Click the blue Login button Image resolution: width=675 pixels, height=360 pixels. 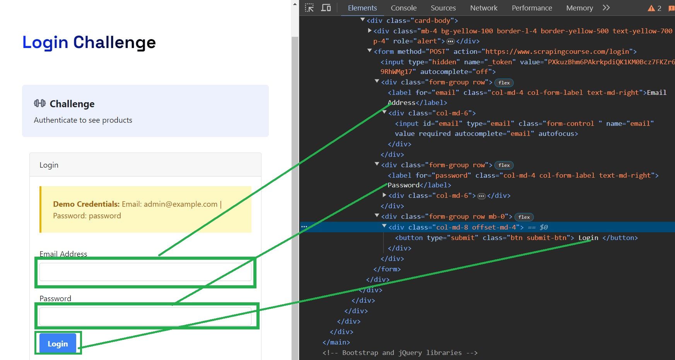[x=58, y=343]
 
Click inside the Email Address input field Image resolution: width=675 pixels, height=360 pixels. [x=145, y=272]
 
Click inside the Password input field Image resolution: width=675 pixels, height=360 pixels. [x=145, y=317]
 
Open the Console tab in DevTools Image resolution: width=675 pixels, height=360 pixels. [x=403, y=8]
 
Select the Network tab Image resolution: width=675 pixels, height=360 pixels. [x=484, y=8]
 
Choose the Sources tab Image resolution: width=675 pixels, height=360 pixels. [x=443, y=8]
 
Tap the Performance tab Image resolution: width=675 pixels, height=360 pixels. [x=532, y=8]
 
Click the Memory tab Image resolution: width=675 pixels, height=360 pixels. [x=579, y=8]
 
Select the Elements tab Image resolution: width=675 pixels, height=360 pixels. [x=362, y=8]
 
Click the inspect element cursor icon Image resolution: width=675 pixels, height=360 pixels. [x=309, y=8]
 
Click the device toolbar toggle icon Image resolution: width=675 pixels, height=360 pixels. [x=326, y=8]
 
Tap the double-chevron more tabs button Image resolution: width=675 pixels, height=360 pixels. [x=606, y=8]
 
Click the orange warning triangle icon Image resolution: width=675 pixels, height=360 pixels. [x=651, y=8]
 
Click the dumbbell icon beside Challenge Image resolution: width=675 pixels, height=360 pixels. [x=40, y=103]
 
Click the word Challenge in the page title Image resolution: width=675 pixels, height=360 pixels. [x=114, y=42]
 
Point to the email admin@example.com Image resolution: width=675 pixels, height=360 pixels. [x=181, y=204]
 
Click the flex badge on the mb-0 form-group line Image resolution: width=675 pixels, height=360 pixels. [x=524, y=217]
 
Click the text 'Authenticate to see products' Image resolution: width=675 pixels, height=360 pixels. [x=83, y=120]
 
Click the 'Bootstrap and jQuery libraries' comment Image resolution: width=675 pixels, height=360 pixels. [x=400, y=353]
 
